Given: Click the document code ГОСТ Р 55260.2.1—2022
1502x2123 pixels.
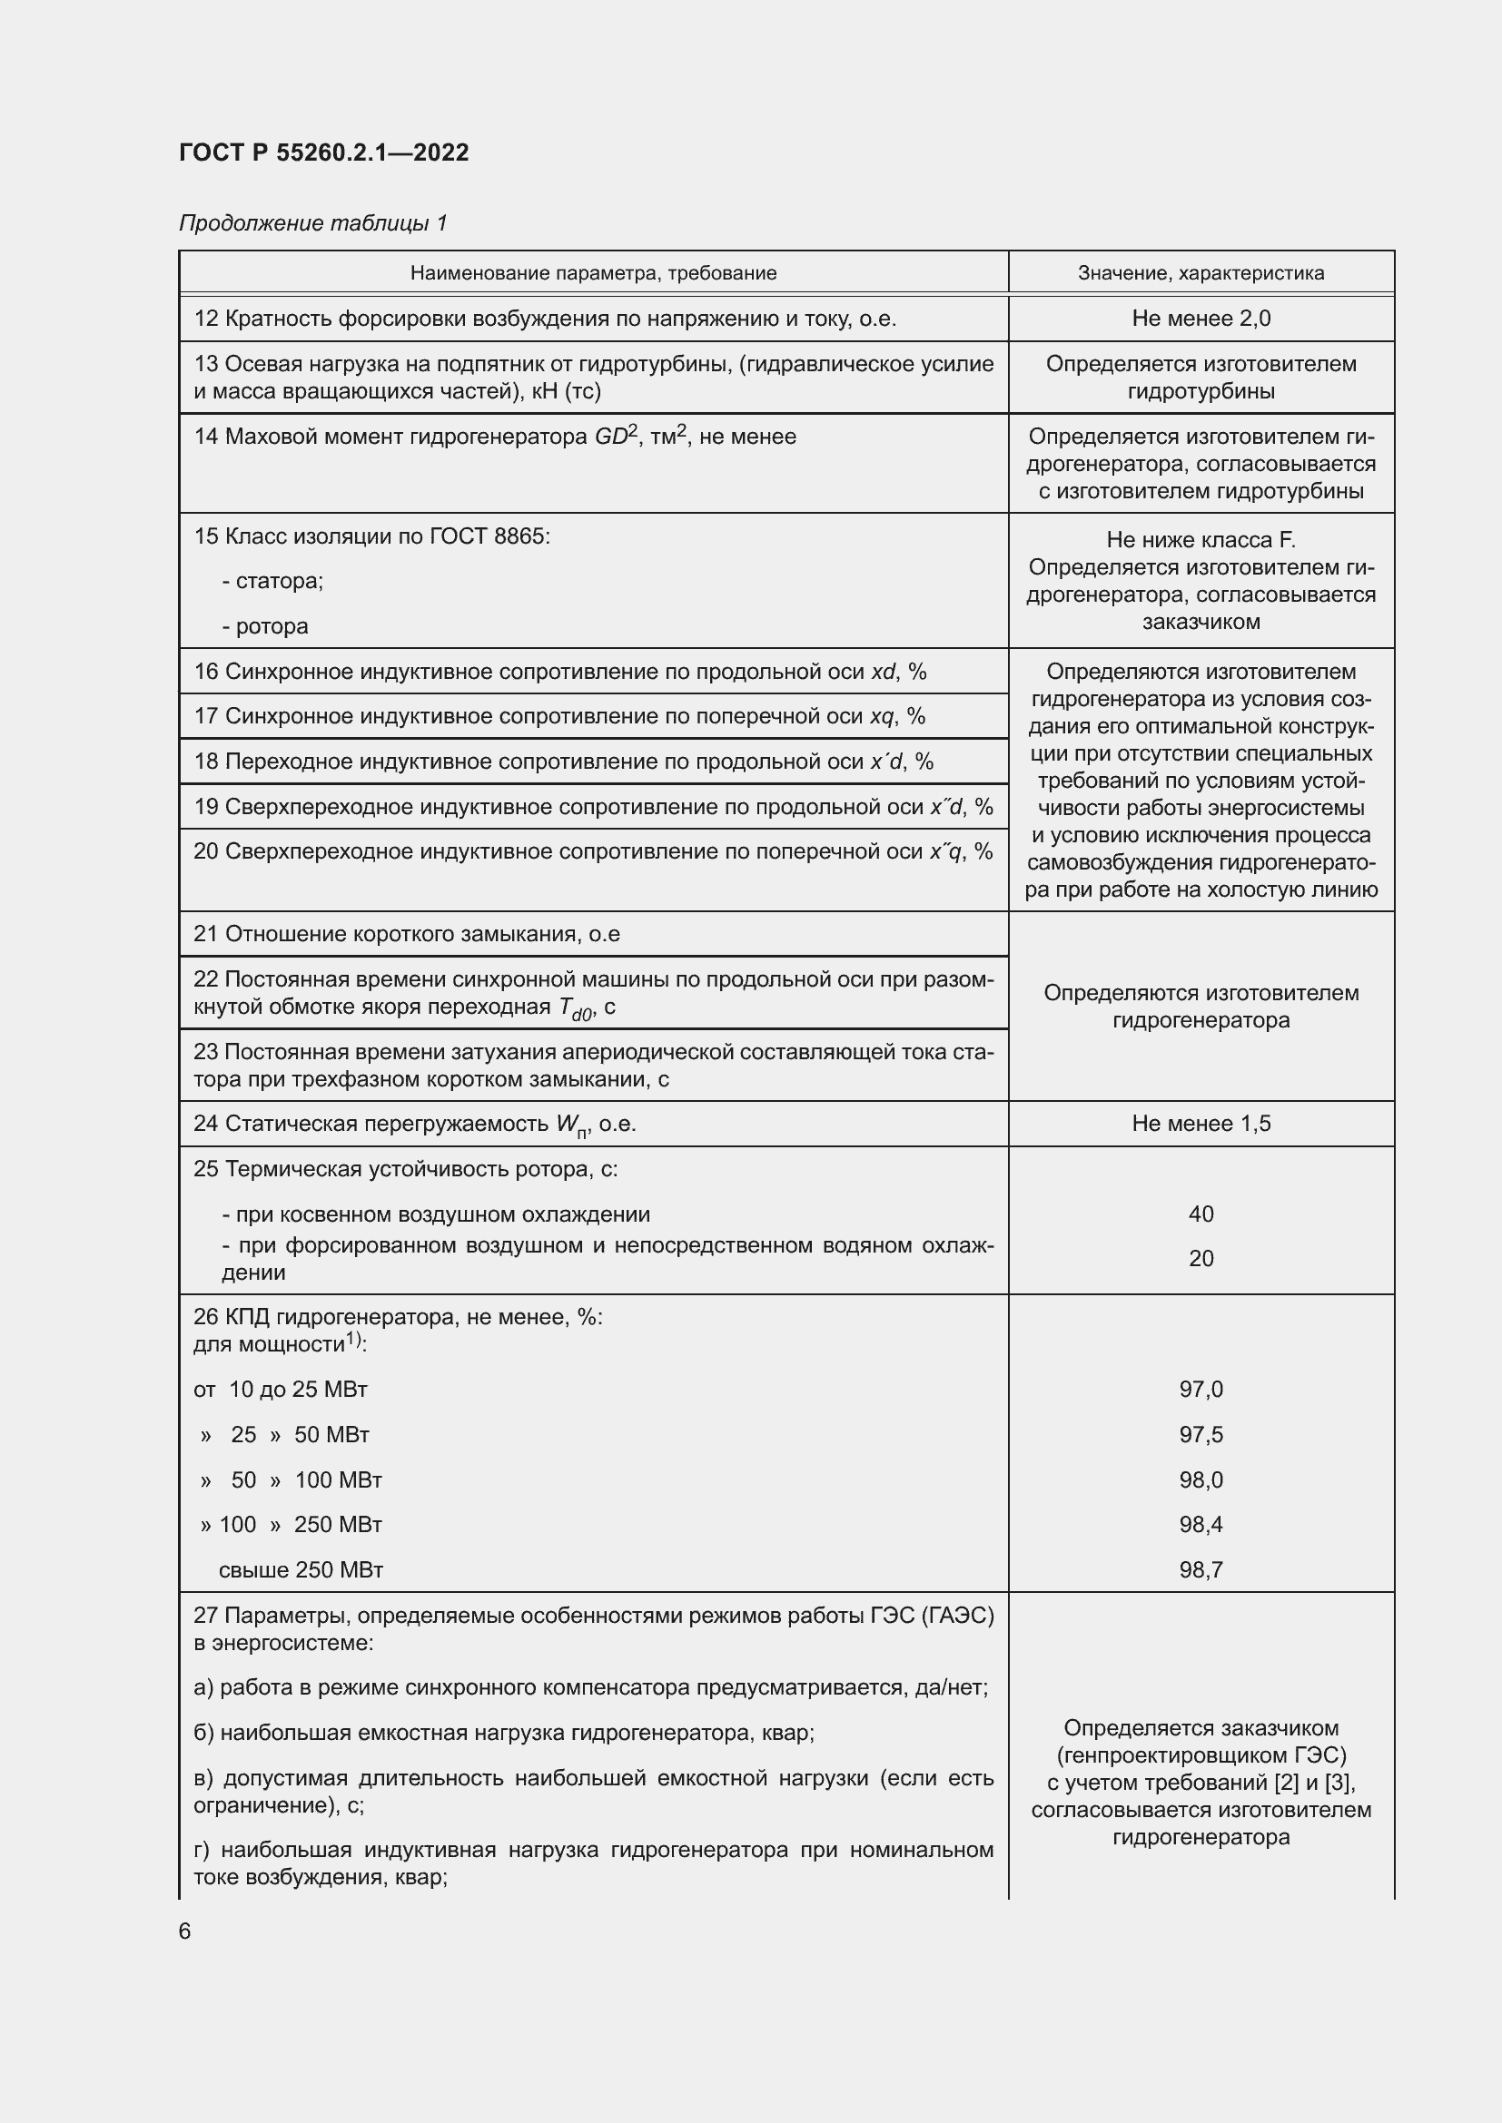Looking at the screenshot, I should pyautogui.click(x=323, y=152).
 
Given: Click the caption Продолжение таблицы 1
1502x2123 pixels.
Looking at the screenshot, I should pyautogui.click(x=312, y=223).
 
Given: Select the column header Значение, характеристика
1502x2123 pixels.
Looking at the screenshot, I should pyautogui.click(x=1201, y=273).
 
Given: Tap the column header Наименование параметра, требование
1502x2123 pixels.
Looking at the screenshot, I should pyautogui.click(x=593, y=273).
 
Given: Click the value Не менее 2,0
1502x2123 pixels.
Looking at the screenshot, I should pyautogui.click(x=1201, y=318).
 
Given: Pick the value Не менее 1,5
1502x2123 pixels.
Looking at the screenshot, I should pyautogui.click(x=1201, y=1124).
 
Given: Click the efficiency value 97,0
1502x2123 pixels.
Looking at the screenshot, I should pyautogui.click(x=1201, y=1389).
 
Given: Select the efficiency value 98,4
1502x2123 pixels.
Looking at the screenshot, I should pyautogui.click(x=1201, y=1524).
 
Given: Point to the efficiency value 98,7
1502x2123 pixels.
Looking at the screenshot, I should pyautogui.click(x=1201, y=1569).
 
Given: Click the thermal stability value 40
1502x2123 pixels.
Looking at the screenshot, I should pyautogui.click(x=1201, y=1214).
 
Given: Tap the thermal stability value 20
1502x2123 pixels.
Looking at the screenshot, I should pyautogui.click(x=1201, y=1258).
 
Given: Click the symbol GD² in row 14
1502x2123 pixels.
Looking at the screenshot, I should pyautogui.click(x=615, y=436).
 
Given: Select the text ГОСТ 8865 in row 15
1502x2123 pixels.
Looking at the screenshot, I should pyautogui.click(x=488, y=536).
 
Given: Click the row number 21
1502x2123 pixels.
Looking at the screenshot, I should pyautogui.click(x=205, y=934).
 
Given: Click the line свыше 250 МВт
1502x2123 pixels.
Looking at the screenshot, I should pyautogui.click(x=301, y=1569).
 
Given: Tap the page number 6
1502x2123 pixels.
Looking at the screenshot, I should pyautogui.click(x=185, y=1931).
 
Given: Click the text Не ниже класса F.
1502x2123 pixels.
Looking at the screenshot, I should pyautogui.click(x=1201, y=540).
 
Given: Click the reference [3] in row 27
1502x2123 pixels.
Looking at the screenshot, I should pyautogui.click(x=1338, y=1782).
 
